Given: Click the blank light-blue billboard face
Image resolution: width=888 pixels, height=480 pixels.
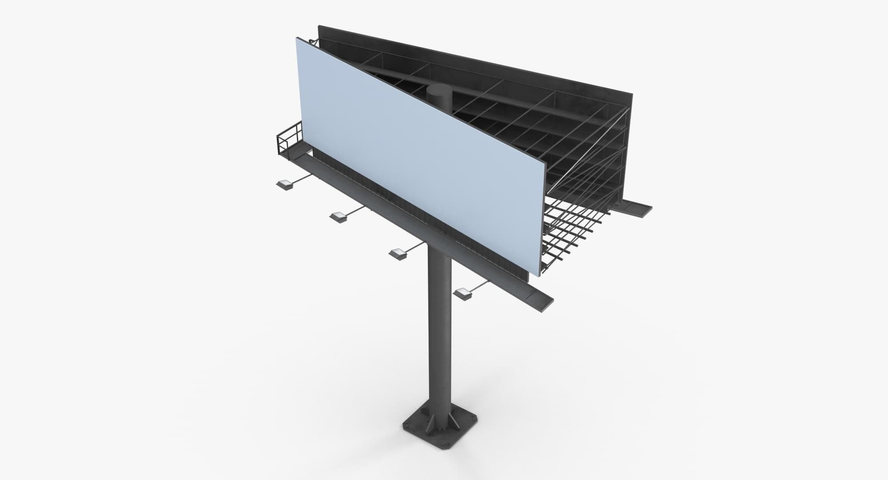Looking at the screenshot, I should [x=417, y=155].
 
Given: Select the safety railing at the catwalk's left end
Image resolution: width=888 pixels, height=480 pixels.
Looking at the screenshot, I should [x=289, y=140].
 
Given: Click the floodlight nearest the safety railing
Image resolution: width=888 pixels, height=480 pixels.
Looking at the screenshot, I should [x=284, y=184].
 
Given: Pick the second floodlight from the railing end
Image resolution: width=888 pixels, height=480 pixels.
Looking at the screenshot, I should [x=339, y=217].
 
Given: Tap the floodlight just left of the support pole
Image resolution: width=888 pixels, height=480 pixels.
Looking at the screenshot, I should [x=398, y=254].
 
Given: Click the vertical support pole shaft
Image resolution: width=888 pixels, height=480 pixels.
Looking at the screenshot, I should [x=440, y=333].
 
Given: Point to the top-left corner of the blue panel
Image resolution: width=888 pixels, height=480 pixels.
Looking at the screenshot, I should [x=297, y=39].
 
